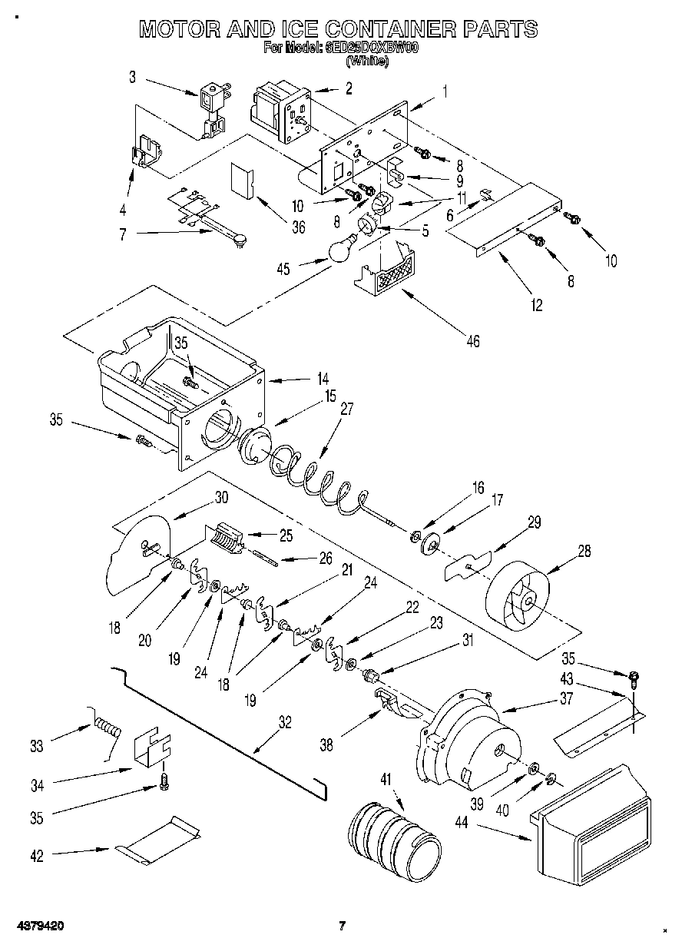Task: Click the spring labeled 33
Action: (x=108, y=726)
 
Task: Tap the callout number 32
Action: (x=285, y=722)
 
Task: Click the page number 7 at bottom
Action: (x=343, y=926)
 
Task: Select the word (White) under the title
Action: (x=367, y=61)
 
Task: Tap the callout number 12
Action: (x=536, y=306)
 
